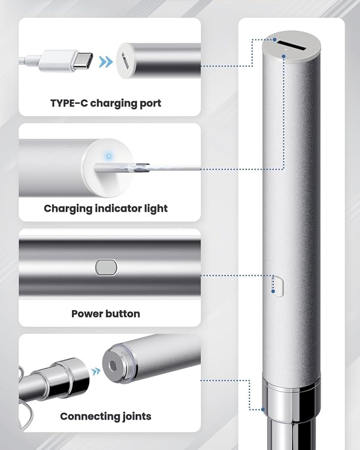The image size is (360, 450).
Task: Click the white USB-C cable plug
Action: pos(67,61)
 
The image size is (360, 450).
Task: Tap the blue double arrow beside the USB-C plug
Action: pos(106,61)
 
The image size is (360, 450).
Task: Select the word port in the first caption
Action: pos(151,103)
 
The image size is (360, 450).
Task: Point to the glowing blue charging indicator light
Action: pos(109,156)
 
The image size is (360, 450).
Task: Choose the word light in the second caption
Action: pos(157,209)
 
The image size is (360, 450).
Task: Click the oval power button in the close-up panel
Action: pos(106,268)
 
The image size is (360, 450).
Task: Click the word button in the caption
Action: pos(123,314)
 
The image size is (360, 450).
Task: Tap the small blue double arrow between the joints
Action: pos(96,372)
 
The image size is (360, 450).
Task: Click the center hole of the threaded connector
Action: pos(113,365)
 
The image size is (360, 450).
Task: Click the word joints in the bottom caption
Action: pos(137,417)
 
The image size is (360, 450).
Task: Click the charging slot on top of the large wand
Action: pos(292,46)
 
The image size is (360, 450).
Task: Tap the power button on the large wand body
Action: pos(278,286)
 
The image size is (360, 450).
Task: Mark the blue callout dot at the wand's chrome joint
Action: pos(263,409)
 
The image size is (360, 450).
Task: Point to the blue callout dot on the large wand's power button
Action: pos(273,292)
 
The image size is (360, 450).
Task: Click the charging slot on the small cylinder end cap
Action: pos(125,60)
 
